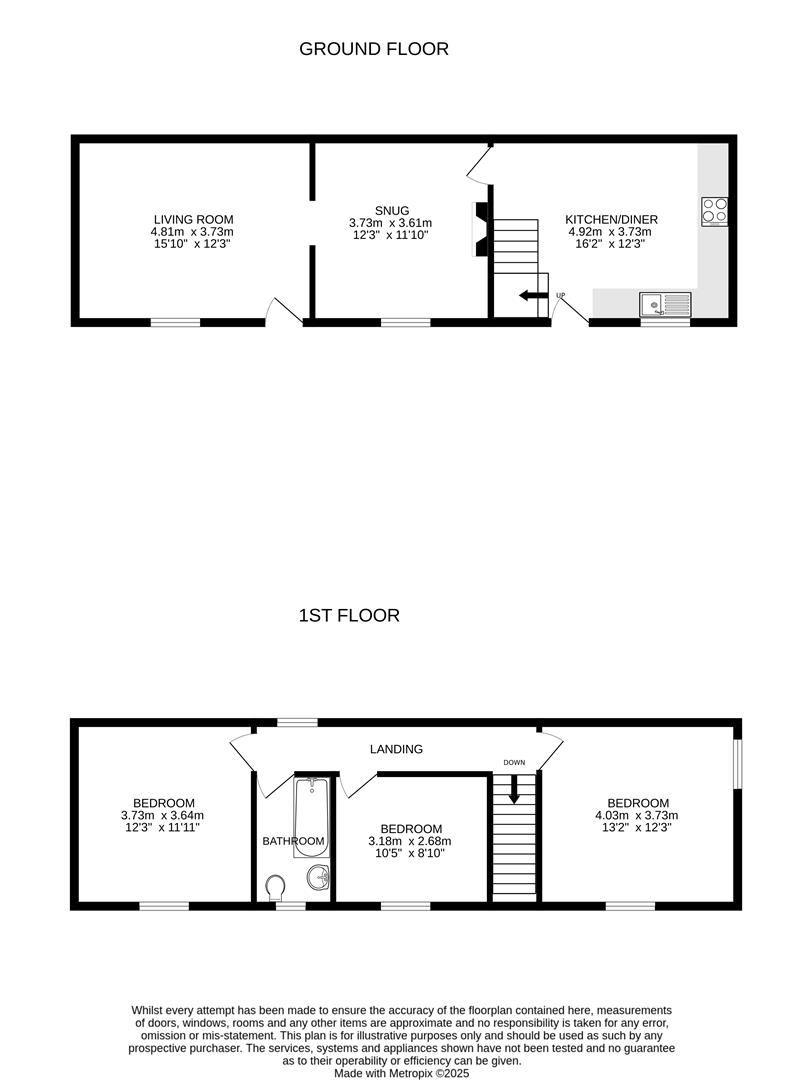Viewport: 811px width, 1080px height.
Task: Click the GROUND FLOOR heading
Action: click(x=374, y=48)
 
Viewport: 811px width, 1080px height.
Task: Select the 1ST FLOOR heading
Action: click(x=349, y=615)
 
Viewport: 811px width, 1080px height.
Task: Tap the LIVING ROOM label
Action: click(x=194, y=219)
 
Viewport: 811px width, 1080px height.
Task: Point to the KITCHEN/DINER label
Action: click(x=611, y=219)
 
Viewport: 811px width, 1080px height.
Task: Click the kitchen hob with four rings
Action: click(x=715, y=211)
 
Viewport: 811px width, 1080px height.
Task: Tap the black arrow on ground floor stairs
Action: click(x=533, y=295)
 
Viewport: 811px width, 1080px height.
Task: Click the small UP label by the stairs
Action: click(x=560, y=295)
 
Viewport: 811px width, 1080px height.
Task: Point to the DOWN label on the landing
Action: click(x=514, y=763)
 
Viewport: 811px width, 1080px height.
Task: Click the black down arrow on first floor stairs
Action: click(x=514, y=790)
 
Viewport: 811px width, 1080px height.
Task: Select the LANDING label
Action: click(x=396, y=749)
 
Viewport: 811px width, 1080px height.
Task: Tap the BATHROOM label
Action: click(x=293, y=841)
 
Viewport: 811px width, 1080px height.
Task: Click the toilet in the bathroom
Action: click(x=274, y=887)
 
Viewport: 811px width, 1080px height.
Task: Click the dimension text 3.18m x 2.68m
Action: click(x=411, y=841)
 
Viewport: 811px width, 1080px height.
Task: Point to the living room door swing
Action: click(x=284, y=310)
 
